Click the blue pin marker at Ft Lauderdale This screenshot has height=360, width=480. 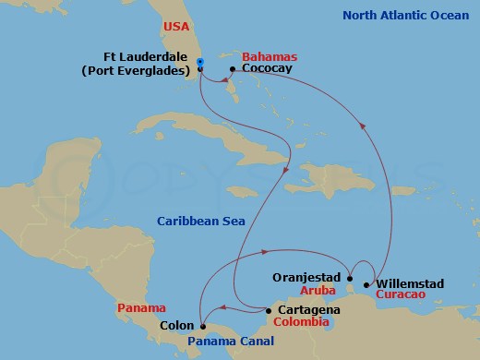200,63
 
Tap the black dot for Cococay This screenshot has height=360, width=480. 231,69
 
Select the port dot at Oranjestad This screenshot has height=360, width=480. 351,276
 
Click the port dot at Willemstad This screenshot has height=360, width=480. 366,284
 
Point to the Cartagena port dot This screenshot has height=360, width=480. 270,310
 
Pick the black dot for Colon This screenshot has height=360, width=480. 202,325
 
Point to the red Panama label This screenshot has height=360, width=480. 142,307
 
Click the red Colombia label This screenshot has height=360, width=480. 301,323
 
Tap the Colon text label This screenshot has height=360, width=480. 176,325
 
